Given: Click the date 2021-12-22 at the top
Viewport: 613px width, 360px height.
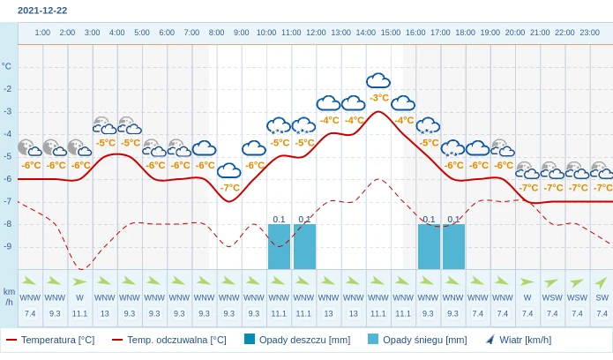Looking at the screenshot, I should (42, 11).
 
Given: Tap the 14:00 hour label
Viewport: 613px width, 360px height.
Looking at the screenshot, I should (365, 33).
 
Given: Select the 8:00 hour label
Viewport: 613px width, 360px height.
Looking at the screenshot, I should (216, 33).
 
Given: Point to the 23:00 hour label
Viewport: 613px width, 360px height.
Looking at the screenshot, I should (589, 33).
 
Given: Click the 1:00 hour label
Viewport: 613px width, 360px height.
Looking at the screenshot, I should (42, 33).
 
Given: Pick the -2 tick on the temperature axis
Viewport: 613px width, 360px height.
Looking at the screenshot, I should (7, 89).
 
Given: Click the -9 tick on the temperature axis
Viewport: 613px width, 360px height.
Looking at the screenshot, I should (7, 246).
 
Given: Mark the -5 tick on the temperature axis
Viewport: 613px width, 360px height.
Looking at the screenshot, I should (7, 156).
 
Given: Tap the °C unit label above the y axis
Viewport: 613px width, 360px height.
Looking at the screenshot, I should (7, 66).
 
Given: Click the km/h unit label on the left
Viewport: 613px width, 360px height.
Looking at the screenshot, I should (9, 296).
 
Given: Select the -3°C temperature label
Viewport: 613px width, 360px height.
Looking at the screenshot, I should (379, 98).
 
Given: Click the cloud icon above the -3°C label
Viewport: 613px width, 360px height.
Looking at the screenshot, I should (378, 81).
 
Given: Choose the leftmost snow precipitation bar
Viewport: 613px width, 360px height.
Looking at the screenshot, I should (279, 246).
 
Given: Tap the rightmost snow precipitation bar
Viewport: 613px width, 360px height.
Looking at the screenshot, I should (453, 246).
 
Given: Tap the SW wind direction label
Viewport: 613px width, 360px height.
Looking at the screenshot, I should (602, 297).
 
